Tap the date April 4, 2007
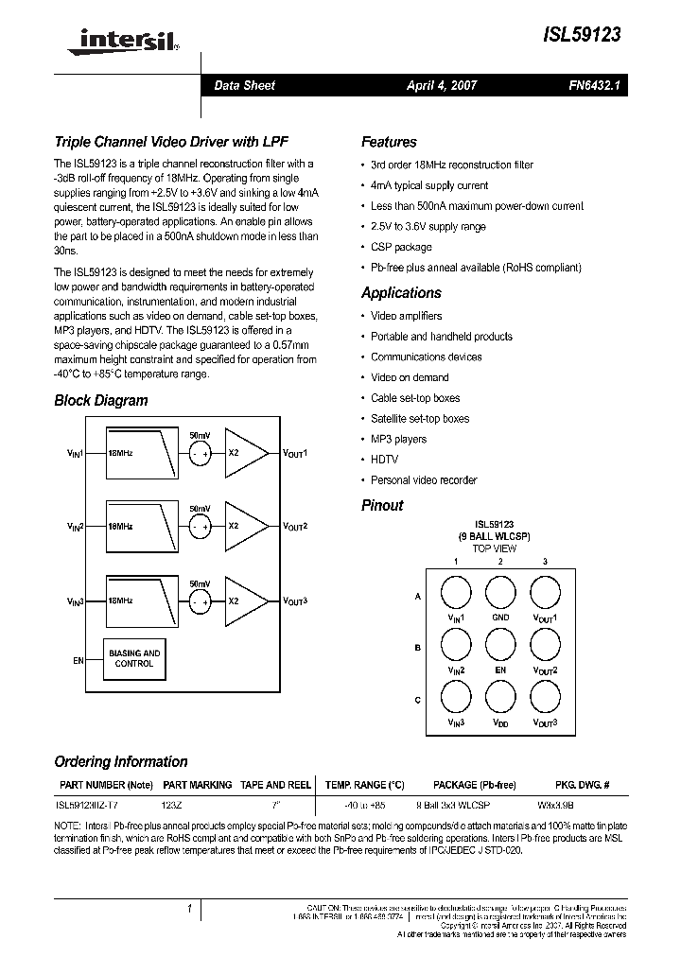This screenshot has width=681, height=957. click(x=442, y=85)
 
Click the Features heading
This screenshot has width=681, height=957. click(x=389, y=142)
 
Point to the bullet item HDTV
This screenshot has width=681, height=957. click(x=384, y=460)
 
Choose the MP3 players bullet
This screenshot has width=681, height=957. click(x=398, y=439)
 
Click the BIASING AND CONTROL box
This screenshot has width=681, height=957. click(x=133, y=659)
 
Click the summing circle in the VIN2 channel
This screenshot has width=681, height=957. click(x=200, y=527)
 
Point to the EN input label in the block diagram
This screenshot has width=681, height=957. click(x=79, y=660)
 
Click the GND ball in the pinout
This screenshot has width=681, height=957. click(x=500, y=593)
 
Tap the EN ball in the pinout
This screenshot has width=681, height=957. click(x=500, y=646)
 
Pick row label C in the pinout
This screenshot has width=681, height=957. click(x=418, y=700)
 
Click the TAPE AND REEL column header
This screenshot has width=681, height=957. click(x=276, y=785)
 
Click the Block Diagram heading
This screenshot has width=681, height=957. click(x=101, y=400)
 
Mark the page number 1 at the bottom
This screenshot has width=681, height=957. click(x=189, y=909)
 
